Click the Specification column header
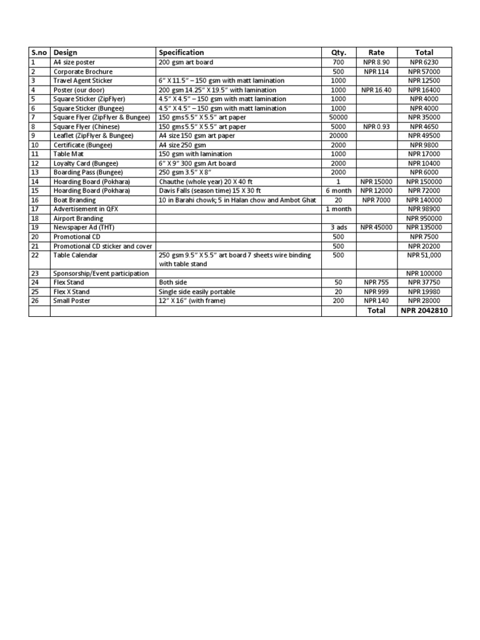[x=181, y=52]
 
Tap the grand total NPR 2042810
[x=424, y=310]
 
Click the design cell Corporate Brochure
[x=82, y=72]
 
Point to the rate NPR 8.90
[x=376, y=62]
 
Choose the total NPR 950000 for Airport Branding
[x=424, y=218]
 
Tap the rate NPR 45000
[x=376, y=227]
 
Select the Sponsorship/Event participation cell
[x=101, y=274]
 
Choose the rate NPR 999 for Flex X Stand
[x=376, y=292]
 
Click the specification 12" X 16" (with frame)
[x=192, y=301]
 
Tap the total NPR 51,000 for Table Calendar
[x=424, y=255]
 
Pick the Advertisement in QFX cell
[x=86, y=209]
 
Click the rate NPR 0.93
[x=376, y=127]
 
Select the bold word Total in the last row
[x=376, y=310]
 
